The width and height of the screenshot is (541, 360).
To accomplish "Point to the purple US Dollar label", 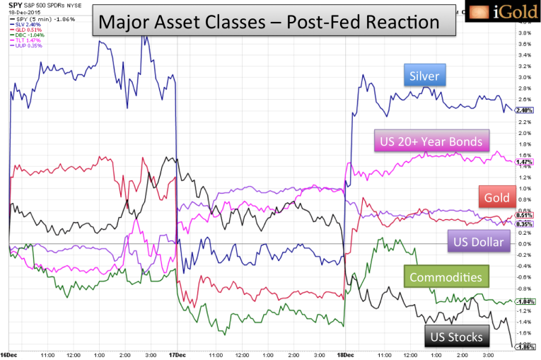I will click(479, 243).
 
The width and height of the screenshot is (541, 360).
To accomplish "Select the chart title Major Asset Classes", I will click(268, 22).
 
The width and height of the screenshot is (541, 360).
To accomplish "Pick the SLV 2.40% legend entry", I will click(23, 25).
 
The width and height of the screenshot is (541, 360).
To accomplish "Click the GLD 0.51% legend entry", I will click(23, 30).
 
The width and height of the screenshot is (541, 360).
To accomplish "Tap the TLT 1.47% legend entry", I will click(23, 40).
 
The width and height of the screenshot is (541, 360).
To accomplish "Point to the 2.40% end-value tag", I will click(524, 110).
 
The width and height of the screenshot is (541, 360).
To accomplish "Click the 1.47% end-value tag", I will click(524, 162).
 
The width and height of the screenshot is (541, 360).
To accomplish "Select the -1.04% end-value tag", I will click(524, 302).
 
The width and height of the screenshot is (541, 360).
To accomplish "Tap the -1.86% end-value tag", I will click(524, 347).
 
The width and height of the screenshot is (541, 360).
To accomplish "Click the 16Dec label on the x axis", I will click(10, 354).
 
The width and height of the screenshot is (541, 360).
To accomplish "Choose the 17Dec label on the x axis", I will click(177, 354).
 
